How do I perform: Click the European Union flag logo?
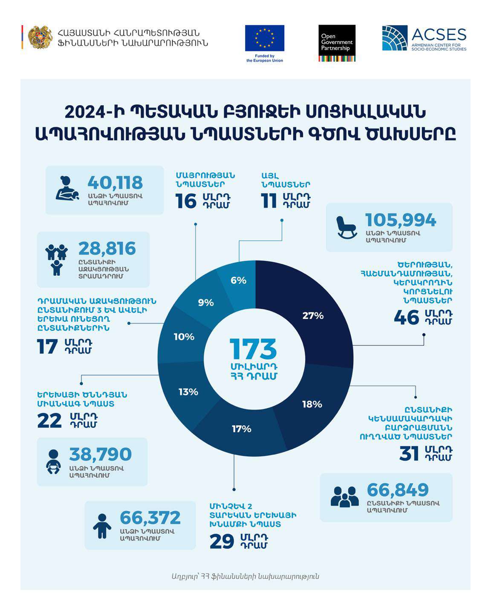[x=264, y=38]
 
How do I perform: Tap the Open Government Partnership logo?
[x=337, y=43]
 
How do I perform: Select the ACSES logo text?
[x=439, y=35]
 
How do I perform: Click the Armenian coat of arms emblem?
[x=40, y=37]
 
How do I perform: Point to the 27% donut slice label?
[x=313, y=316]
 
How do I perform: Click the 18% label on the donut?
[x=312, y=404]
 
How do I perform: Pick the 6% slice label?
[x=238, y=281]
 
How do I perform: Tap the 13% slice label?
[x=188, y=392]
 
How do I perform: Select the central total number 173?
[x=253, y=349]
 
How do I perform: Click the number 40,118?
[x=115, y=183]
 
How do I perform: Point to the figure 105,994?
[x=401, y=220]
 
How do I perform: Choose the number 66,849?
[x=398, y=490]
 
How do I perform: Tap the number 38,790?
[x=101, y=454]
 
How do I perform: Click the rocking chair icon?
[x=346, y=227]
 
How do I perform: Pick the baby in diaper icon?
[x=53, y=461]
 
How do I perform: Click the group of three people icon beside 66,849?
[x=344, y=496]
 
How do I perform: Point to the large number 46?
[x=407, y=318]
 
